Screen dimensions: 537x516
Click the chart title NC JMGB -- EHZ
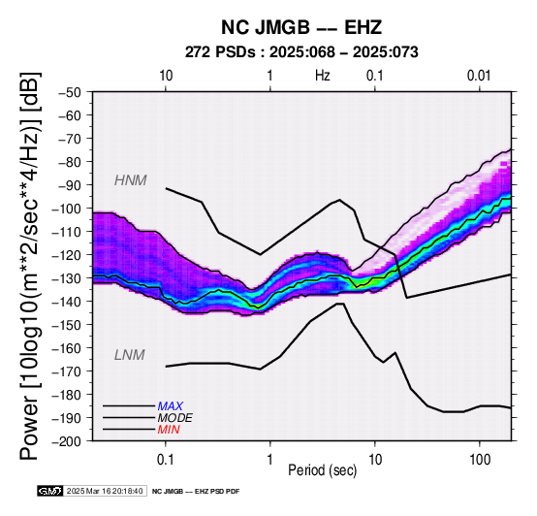[x=301, y=27]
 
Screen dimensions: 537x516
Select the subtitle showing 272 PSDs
[x=301, y=52]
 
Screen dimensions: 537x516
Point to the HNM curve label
[x=131, y=180]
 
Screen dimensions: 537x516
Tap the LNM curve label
[x=130, y=355]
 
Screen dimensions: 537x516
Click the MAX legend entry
[x=171, y=406]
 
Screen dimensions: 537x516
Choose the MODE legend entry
[x=175, y=418]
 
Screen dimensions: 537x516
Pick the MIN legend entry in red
[x=169, y=430]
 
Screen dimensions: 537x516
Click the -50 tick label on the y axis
[x=70, y=92]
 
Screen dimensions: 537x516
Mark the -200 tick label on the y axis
[x=67, y=441]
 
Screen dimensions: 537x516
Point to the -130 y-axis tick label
[x=67, y=277]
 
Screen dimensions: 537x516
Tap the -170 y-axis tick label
[x=67, y=371]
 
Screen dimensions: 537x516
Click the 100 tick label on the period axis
[x=480, y=460]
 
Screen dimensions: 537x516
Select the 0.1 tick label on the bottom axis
[x=166, y=460]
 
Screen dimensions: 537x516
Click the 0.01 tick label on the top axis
[x=479, y=76]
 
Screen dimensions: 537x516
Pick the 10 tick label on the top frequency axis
[x=166, y=76]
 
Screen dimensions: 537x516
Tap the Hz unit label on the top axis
[x=323, y=76]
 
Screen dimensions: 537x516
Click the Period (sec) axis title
[x=322, y=470]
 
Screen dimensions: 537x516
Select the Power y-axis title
[x=29, y=266]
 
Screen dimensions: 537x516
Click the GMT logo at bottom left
[x=50, y=491]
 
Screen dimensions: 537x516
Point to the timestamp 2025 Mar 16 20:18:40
[x=105, y=491]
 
